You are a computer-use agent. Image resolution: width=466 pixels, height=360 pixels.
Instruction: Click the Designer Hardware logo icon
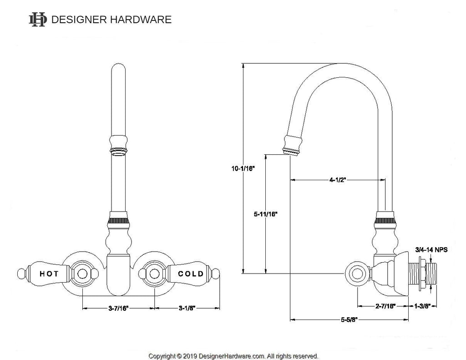tap(37, 19)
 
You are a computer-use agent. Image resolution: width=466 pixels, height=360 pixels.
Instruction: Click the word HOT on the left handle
tap(49, 274)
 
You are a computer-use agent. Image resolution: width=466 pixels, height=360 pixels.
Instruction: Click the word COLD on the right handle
tap(191, 274)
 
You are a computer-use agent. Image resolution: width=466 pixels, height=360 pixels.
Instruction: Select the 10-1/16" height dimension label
tap(243, 168)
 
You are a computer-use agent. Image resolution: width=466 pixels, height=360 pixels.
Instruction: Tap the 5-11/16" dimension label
tap(266, 213)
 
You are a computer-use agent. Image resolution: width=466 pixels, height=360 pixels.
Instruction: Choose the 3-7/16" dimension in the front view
tap(118, 308)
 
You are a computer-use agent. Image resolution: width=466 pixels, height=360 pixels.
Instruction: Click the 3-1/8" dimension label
tap(187, 308)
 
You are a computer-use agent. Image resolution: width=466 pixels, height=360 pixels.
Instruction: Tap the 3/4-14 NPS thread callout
tap(431, 249)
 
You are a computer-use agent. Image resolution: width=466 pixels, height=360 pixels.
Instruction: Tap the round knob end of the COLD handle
tap(216, 274)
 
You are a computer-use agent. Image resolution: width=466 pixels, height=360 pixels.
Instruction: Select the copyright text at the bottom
tap(233, 356)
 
